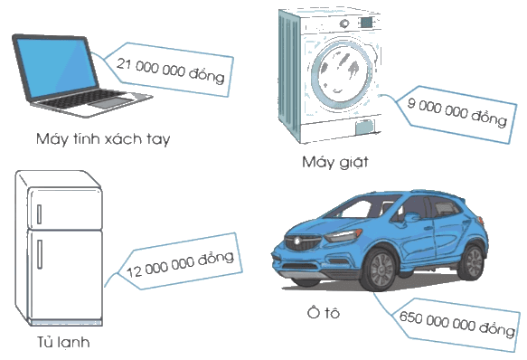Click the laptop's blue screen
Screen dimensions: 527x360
pyautogui.click(x=56, y=67)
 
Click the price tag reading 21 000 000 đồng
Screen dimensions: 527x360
pyautogui.click(x=170, y=70)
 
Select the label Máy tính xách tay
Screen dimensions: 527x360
pyautogui.click(x=103, y=139)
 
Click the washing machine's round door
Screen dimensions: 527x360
pyautogui.click(x=341, y=73)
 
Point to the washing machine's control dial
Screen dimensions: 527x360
pyautogui.click(x=344, y=24)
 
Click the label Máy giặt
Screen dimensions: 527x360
pyautogui.click(x=335, y=163)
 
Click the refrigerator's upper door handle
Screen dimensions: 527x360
pyautogui.click(x=40, y=214)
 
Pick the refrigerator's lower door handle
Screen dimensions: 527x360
pyautogui.click(x=40, y=254)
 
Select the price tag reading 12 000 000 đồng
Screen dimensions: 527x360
pyautogui.click(x=180, y=261)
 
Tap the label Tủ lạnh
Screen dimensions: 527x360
pyautogui.click(x=63, y=342)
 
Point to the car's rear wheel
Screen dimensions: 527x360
pyautogui.click(x=473, y=263)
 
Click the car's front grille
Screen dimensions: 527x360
pyautogui.click(x=303, y=242)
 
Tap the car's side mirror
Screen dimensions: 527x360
pyautogui.click(x=412, y=217)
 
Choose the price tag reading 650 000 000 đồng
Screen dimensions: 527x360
pyautogui.click(x=456, y=324)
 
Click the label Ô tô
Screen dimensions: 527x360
pyautogui.click(x=324, y=313)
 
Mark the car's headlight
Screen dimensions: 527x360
pyautogui.click(x=343, y=235)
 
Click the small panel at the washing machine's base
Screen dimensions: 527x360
pyautogui.click(x=365, y=127)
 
